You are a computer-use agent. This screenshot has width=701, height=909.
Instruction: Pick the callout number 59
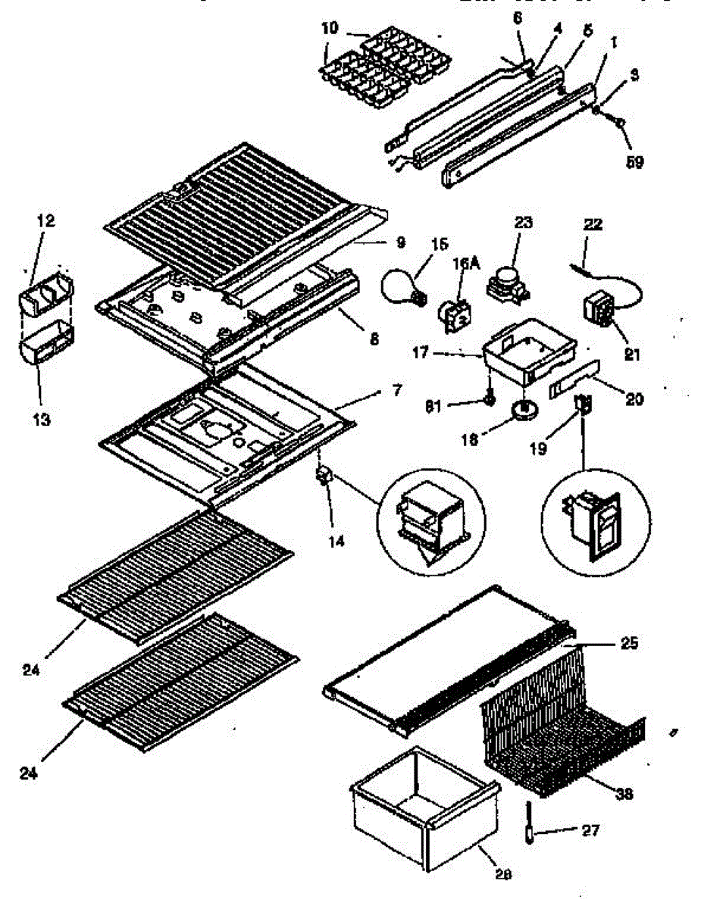pos(634,161)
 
